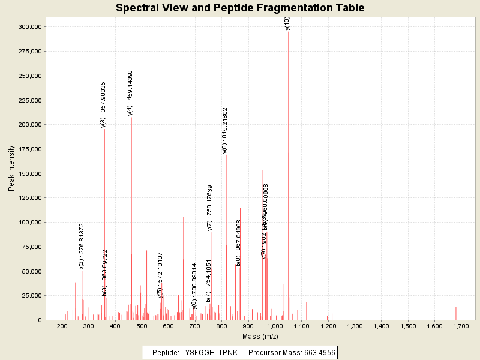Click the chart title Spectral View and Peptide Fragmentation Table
tap(240, 8)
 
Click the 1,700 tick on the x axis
tap(461, 325)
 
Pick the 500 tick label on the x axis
tap(142, 325)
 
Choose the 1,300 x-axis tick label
tap(355, 325)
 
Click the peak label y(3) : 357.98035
tap(103, 104)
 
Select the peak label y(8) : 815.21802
tap(225, 130)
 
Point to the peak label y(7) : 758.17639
tap(210, 208)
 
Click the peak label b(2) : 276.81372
tap(82, 246)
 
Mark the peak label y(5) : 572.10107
tap(160, 275)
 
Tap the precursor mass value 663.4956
tap(316, 352)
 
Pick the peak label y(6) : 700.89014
tap(194, 286)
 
